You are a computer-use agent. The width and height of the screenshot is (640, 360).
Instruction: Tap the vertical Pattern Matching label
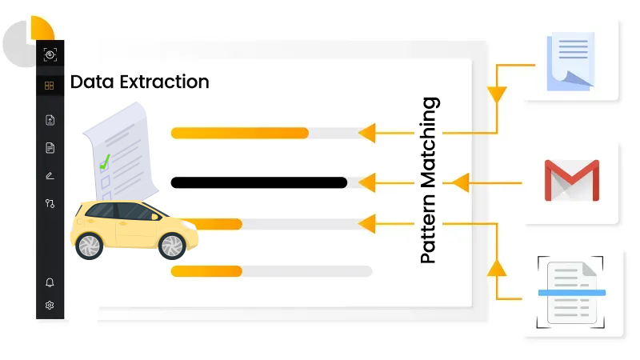tap(430, 181)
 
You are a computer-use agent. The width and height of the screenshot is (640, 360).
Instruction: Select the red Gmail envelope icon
tap(571, 181)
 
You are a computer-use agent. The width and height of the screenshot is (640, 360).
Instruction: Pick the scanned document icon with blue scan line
tap(571, 293)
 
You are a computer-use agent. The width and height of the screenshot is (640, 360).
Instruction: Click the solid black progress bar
tap(258, 182)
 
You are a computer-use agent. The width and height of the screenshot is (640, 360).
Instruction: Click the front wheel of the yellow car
tap(173, 246)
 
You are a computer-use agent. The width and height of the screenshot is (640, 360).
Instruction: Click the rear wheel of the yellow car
tap(88, 246)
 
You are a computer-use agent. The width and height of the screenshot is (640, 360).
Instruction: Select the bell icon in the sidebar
tap(50, 282)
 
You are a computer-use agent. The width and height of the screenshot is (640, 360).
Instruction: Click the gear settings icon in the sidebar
tap(50, 305)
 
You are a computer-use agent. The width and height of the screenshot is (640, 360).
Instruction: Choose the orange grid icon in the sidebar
tap(50, 86)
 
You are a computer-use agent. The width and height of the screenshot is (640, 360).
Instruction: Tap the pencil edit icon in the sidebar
tap(50, 175)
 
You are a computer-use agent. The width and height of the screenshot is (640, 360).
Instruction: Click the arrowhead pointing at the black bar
tap(366, 183)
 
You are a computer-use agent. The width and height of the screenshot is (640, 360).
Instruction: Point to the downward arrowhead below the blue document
tap(498, 94)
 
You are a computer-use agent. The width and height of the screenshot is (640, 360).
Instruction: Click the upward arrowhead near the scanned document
tap(498, 267)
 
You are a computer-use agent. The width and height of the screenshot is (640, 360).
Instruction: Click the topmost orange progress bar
tap(240, 133)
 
